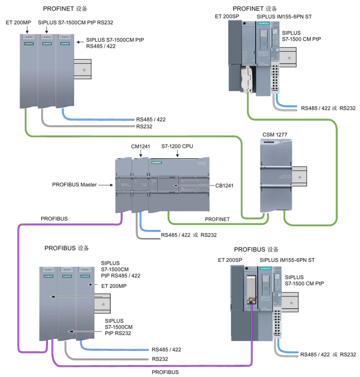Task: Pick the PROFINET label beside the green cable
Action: click(x=217, y=219)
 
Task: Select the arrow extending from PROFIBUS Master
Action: click(x=105, y=185)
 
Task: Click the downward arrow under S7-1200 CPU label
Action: click(x=177, y=154)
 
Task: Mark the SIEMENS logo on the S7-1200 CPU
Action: click(x=156, y=162)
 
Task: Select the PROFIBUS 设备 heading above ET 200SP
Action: click(x=256, y=249)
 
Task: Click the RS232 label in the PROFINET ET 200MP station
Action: click(x=144, y=127)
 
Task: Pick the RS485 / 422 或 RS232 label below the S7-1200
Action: click(x=189, y=235)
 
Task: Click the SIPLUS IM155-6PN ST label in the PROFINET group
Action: click(x=284, y=17)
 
